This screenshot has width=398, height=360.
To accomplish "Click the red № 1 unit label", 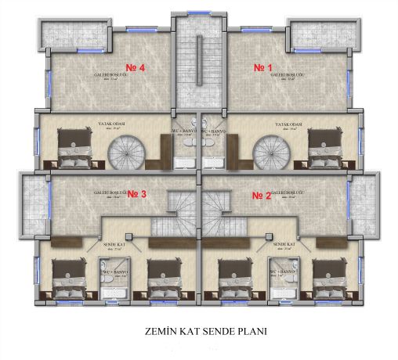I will [263, 68].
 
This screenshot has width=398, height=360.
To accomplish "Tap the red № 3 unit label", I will [137, 193].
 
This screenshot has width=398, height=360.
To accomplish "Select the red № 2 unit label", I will [262, 193].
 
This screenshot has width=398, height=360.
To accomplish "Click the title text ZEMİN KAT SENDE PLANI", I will [200, 331].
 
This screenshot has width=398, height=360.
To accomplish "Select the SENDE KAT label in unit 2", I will [284, 245].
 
